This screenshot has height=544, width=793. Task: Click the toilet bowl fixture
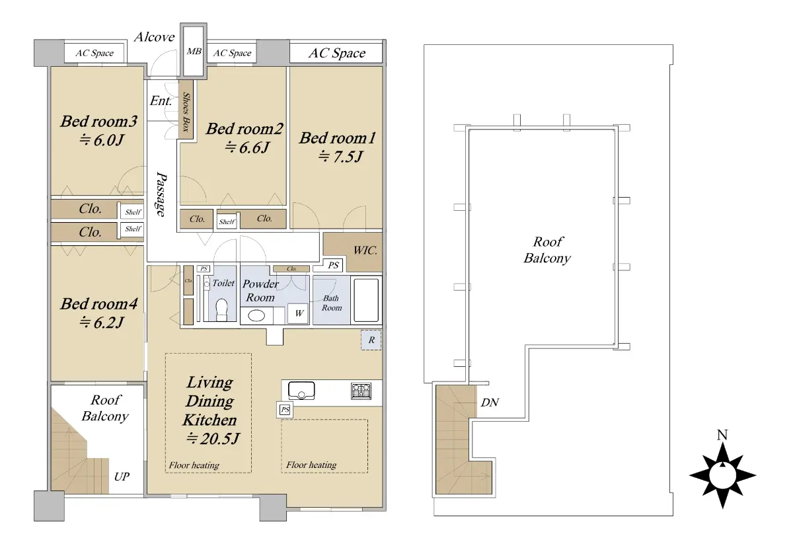(221, 309)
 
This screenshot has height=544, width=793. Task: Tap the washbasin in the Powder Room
(256, 315)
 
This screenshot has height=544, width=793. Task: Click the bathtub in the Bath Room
(366, 300)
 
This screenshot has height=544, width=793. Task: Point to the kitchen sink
(301, 390)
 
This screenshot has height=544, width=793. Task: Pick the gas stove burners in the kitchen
(361, 391)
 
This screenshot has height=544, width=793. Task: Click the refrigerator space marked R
(371, 340)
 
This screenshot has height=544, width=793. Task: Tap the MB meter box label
(194, 52)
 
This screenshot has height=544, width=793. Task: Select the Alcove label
(155, 37)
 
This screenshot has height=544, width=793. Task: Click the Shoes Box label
(186, 112)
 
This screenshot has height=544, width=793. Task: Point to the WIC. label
(365, 251)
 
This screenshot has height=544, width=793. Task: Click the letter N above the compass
(722, 434)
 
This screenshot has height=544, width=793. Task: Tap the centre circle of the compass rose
(722, 476)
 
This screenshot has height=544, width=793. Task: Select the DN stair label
(490, 403)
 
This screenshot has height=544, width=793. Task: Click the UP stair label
(122, 477)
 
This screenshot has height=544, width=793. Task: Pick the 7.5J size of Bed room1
(340, 156)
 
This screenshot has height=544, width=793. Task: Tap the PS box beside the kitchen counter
(285, 410)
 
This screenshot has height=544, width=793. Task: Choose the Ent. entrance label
(161, 101)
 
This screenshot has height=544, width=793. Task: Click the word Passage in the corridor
(161, 194)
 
